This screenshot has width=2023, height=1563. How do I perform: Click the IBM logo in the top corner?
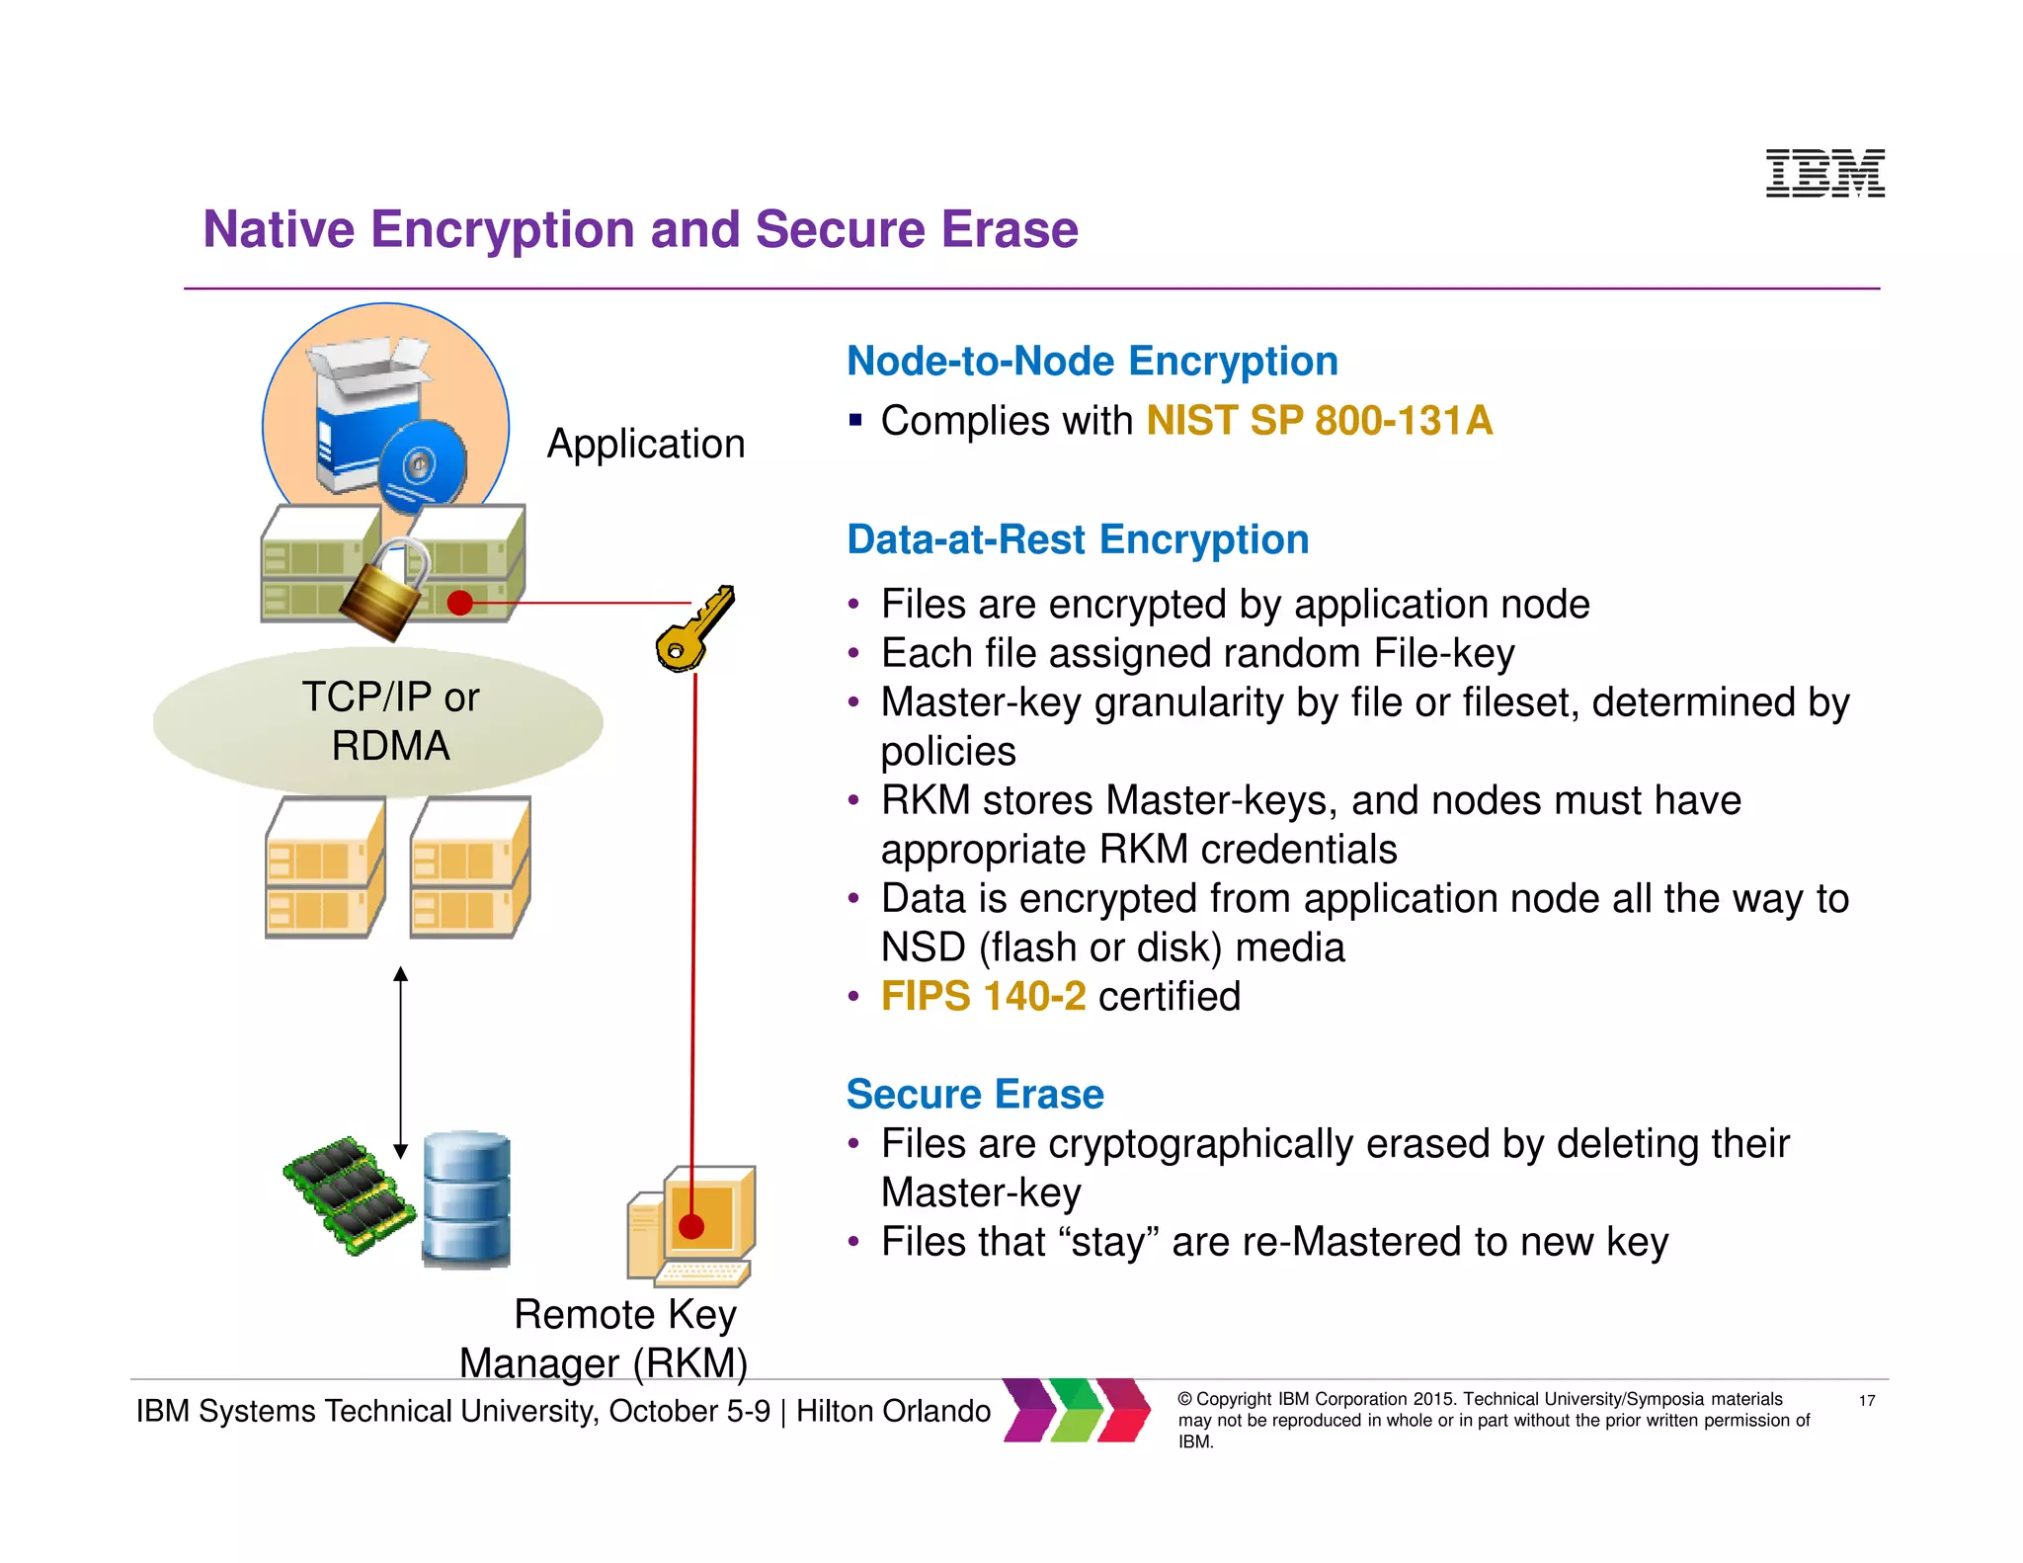[x=1824, y=173]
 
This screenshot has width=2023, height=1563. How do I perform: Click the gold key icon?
[x=695, y=627]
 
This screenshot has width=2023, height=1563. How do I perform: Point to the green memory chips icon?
[x=349, y=1194]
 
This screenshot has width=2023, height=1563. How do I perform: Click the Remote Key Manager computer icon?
[x=690, y=1226]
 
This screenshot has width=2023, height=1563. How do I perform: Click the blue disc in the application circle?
[x=422, y=465]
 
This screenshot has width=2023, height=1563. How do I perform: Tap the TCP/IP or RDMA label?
[x=390, y=721]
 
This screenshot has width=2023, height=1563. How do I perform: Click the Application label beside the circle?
[x=646, y=444]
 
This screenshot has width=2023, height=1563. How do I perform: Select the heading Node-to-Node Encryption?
[x=1092, y=362]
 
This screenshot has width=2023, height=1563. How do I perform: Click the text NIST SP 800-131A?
[x=1319, y=421]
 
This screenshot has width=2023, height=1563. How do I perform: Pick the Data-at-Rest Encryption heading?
[x=1078, y=540]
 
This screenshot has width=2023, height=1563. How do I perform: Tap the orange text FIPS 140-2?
[x=983, y=996]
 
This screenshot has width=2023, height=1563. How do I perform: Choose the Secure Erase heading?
[x=975, y=1095]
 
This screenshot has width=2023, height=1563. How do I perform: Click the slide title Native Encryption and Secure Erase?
[x=640, y=229]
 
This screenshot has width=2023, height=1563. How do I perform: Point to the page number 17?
[x=1866, y=1400]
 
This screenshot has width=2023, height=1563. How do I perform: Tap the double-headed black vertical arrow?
[x=400, y=1062]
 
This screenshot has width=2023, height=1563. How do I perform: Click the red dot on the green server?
[x=459, y=602]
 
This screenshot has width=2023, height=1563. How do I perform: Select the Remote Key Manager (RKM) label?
[x=605, y=1339]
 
